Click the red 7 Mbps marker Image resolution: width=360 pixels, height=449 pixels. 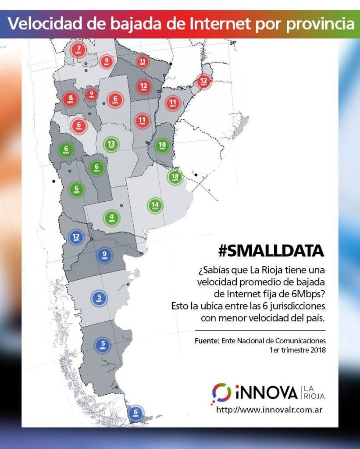tap(79, 49)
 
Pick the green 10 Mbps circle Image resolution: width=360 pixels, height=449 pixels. tap(162, 146)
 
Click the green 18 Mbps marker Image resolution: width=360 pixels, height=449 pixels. tap(175, 177)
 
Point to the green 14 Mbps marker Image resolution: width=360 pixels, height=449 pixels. tap(155, 206)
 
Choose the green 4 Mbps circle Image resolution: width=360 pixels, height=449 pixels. tap(111, 217)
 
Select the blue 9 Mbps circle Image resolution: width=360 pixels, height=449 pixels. tap(104, 255)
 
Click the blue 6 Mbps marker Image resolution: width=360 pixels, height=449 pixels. tap(135, 413)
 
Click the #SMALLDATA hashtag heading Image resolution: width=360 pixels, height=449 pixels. tap(271, 251)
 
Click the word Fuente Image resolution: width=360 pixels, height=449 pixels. tap(207, 341)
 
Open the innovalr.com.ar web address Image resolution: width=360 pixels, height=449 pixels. tap(270, 410)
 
